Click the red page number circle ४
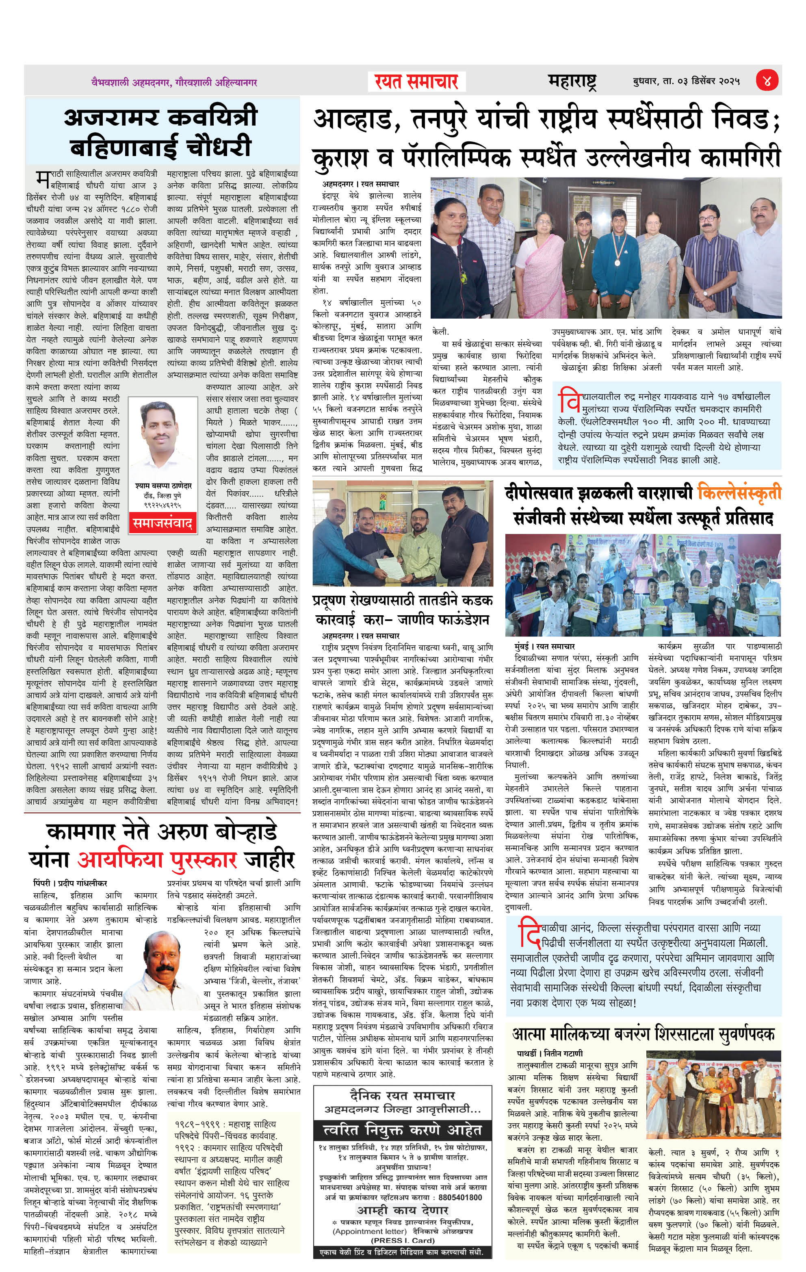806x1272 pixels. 767,81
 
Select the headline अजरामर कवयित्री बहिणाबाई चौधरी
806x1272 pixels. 161,132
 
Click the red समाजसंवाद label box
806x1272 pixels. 162,523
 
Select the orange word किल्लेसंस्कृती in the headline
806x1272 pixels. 739,493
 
